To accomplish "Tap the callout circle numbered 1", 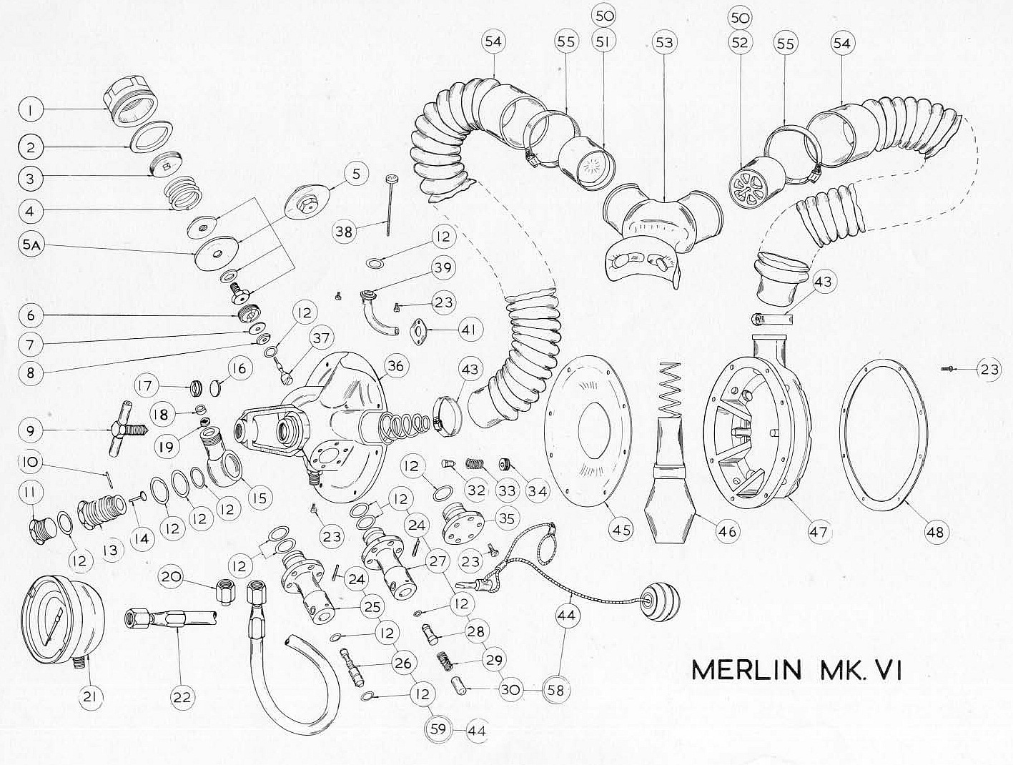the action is pos(31,110).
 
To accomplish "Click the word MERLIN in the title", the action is pos(746,671).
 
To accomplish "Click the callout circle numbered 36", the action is pos(396,366).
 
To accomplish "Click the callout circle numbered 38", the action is pos(345,232).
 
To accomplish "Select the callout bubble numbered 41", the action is pos(470,330).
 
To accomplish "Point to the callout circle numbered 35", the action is pos(507,518).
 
